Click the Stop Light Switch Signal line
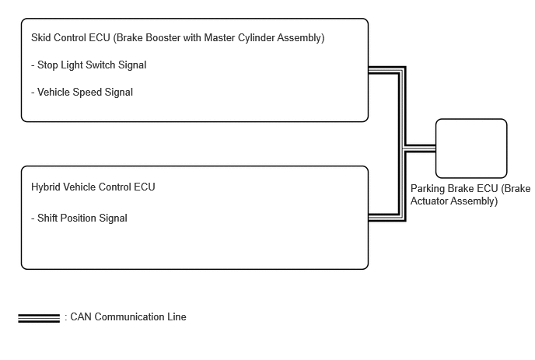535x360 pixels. [89, 65]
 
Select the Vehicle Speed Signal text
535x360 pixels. [82, 92]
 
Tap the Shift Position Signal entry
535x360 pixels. [79, 218]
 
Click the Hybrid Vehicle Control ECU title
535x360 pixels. [93, 187]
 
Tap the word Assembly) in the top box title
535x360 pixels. [301, 37]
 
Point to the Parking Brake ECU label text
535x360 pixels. [470, 194]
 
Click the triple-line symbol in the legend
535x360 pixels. [39, 318]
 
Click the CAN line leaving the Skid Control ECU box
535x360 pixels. [386, 70]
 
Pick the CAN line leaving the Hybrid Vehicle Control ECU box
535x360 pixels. [386, 218]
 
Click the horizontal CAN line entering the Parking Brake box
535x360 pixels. [420, 149]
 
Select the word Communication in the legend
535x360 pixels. [130, 316]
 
